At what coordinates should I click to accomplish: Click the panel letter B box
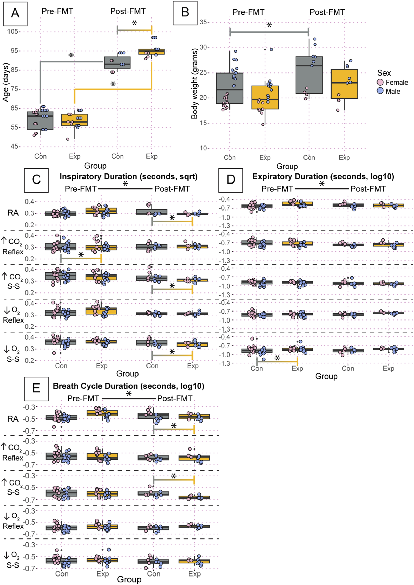tap(185, 13)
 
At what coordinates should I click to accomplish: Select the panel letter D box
tap(231, 180)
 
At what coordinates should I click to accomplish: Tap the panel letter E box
tap(36, 389)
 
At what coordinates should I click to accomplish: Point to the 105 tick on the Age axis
tap(13, 32)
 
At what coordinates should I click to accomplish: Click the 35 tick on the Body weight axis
tap(203, 22)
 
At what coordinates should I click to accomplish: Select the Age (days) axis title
tap(6, 82)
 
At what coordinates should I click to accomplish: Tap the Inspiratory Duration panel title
tap(128, 177)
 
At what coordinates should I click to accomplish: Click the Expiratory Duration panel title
tap(323, 177)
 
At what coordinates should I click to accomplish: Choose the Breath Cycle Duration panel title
tap(128, 386)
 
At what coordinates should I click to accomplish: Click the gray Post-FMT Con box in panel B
tap(309, 75)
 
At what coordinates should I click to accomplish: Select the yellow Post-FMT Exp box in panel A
tap(152, 52)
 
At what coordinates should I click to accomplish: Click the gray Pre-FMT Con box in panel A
tap(40, 121)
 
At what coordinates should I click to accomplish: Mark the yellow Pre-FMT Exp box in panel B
tap(265, 97)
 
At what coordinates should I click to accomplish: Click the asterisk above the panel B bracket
tap(269, 25)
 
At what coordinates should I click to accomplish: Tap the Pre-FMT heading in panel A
tap(57, 11)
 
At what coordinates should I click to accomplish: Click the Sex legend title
tap(384, 73)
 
